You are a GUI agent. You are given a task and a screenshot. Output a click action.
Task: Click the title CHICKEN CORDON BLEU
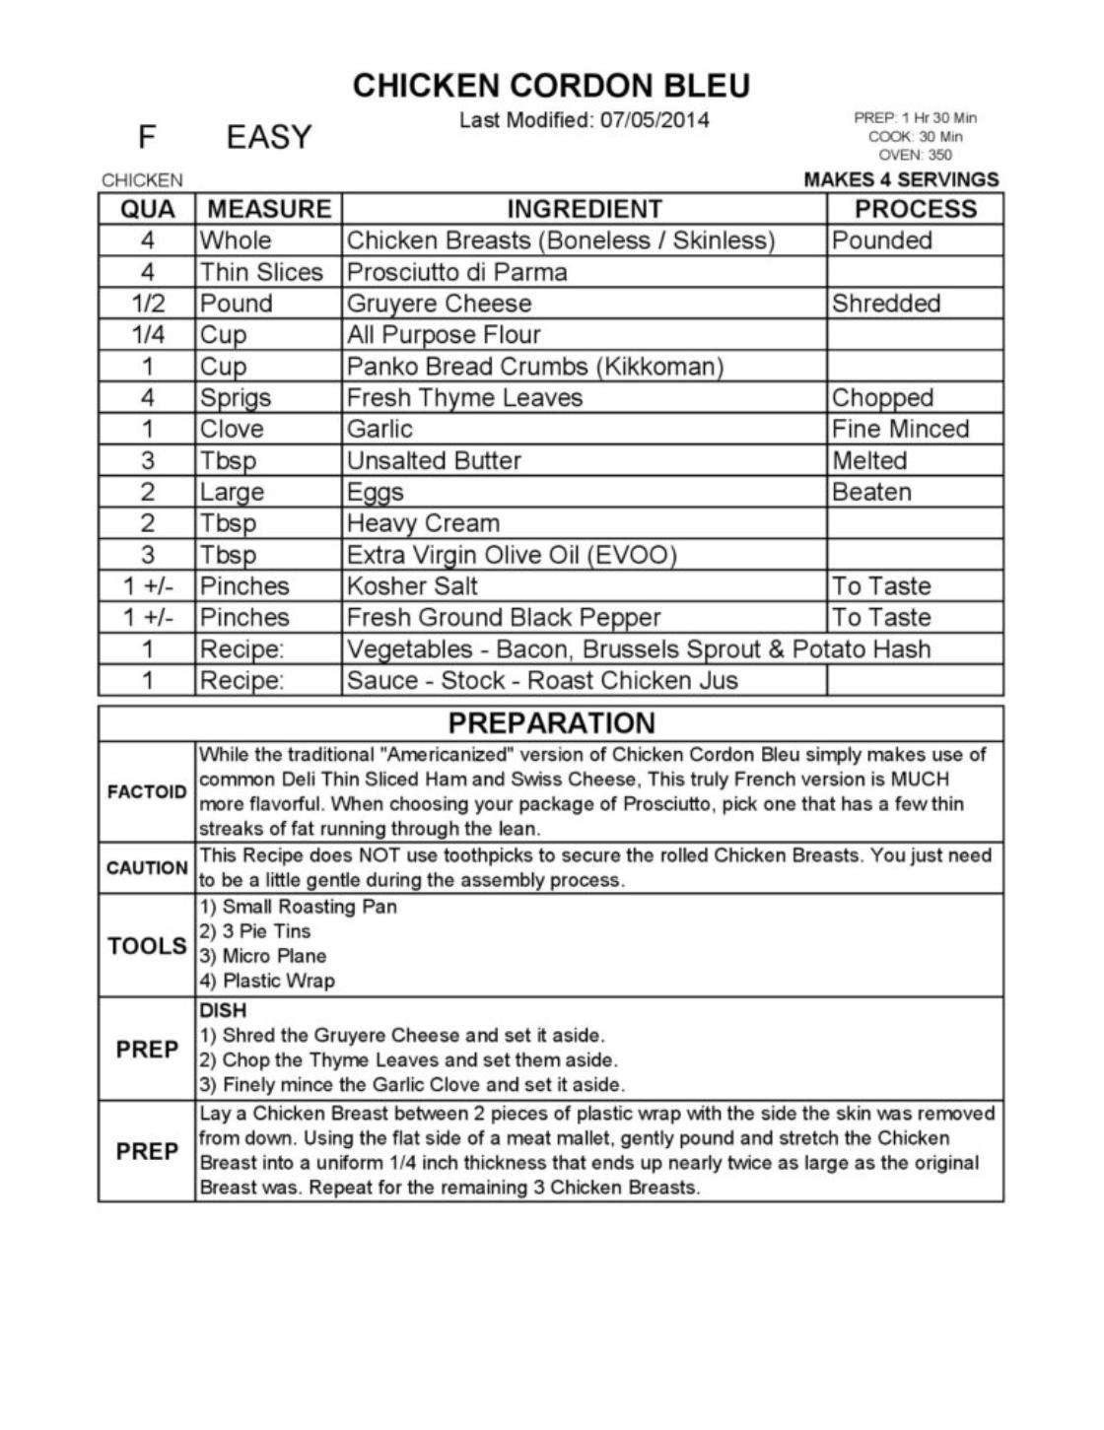(x=551, y=86)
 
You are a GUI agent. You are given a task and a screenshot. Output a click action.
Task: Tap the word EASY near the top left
(x=268, y=137)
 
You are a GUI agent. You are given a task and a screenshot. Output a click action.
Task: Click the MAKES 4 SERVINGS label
(x=901, y=179)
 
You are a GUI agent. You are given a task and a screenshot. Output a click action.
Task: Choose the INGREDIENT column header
(x=584, y=209)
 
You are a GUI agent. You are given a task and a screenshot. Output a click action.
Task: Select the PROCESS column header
(x=915, y=209)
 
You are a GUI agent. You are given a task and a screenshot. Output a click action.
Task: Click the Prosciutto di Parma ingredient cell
(x=456, y=272)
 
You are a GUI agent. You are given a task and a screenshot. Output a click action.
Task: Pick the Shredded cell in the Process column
(x=885, y=304)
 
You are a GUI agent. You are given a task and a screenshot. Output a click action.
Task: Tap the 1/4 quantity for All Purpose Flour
(x=147, y=335)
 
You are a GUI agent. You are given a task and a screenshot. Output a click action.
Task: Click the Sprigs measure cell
(x=236, y=398)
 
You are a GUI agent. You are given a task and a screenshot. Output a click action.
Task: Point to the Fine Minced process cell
(x=900, y=430)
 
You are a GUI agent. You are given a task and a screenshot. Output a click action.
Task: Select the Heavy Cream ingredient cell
(x=423, y=523)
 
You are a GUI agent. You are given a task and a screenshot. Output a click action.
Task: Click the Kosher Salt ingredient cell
(x=412, y=586)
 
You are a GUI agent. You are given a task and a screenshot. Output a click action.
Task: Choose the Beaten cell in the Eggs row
(x=871, y=492)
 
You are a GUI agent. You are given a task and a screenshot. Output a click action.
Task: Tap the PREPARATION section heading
(x=551, y=723)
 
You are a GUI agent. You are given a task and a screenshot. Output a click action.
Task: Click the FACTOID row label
(x=146, y=792)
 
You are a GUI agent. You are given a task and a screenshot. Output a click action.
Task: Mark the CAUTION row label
(x=146, y=868)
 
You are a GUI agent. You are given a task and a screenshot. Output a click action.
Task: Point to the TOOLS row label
(x=146, y=946)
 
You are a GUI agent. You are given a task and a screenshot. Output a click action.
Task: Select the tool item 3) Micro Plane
(x=262, y=956)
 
